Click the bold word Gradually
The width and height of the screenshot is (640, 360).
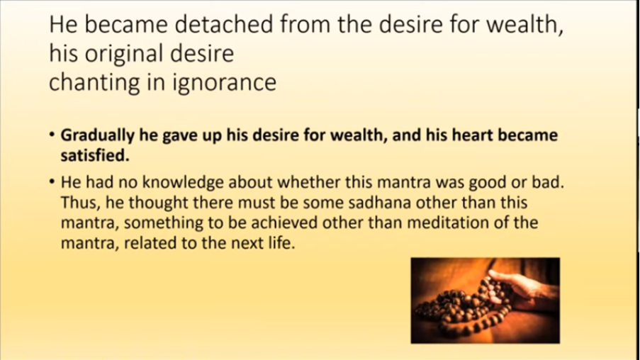98,135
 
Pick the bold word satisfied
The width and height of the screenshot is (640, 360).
95,155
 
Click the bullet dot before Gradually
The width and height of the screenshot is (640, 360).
52,135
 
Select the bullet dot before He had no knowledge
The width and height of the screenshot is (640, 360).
52,181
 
